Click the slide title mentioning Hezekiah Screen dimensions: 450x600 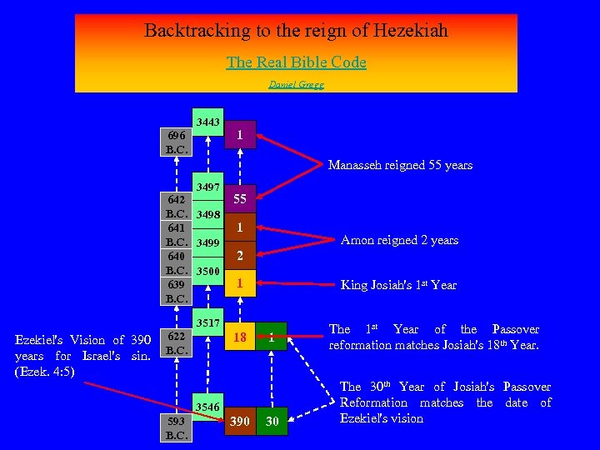pyautogui.click(x=296, y=31)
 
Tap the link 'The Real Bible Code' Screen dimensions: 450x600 pyautogui.click(x=296, y=62)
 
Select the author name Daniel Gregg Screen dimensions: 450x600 pyautogui.click(x=296, y=84)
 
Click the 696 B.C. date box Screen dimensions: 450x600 pyautogui.click(x=177, y=142)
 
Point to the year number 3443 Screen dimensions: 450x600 pyautogui.click(x=207, y=122)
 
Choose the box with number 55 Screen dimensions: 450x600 pyautogui.click(x=239, y=199)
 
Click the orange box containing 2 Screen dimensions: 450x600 pyautogui.click(x=239, y=256)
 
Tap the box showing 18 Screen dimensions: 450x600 pyautogui.click(x=239, y=337)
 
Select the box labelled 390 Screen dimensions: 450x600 pyautogui.click(x=239, y=422)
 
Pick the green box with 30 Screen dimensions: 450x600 pyautogui.click(x=272, y=422)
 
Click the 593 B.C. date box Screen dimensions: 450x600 pyautogui.click(x=177, y=427)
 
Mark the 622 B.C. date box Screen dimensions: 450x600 pyautogui.click(x=177, y=342)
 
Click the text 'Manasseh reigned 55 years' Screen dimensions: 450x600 pyautogui.click(x=400, y=165)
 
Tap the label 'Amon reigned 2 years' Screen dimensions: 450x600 pyautogui.click(x=400, y=240)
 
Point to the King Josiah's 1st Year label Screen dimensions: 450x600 pyautogui.click(x=398, y=284)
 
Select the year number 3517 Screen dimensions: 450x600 pyautogui.click(x=207, y=322)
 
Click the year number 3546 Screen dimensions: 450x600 pyautogui.click(x=207, y=407)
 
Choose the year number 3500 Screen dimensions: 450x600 pyautogui.click(x=207, y=271)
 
